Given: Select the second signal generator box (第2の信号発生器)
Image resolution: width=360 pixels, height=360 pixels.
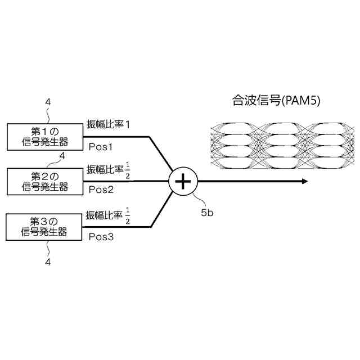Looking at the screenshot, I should [x=44, y=181].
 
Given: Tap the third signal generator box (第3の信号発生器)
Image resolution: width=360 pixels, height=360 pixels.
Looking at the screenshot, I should [x=44, y=226].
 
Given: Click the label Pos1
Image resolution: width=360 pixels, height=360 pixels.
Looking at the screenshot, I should [x=101, y=147].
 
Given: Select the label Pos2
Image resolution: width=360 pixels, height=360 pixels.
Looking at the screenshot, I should [x=101, y=191].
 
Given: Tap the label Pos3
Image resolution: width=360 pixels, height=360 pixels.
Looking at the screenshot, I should [x=101, y=236].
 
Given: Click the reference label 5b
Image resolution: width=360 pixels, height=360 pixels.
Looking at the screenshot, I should [x=208, y=213].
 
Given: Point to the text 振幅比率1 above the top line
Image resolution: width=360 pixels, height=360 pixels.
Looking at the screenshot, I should [x=108, y=124].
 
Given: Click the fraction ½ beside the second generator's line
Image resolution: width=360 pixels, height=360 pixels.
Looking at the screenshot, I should [x=128, y=170].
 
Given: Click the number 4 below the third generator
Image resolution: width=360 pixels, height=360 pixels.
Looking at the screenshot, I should [x=48, y=262].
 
